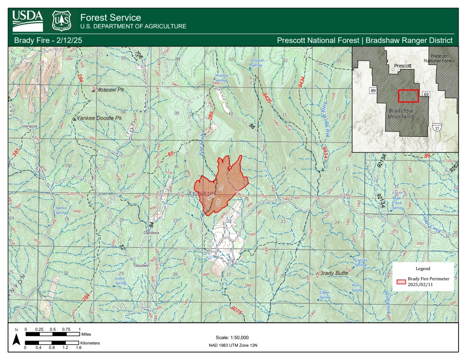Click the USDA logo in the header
point(27,20)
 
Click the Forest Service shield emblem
point(62,21)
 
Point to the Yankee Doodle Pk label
point(99,119)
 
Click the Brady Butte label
point(334,273)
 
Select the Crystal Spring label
point(257,62)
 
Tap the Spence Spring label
point(61,210)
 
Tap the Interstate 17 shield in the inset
point(436,128)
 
